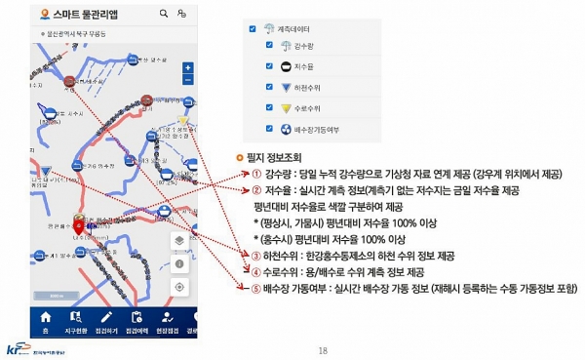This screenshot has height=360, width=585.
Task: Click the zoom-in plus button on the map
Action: tap(187, 68)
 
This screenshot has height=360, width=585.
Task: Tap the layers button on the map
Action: tap(179, 240)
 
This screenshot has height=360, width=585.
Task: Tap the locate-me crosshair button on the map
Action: tap(179, 287)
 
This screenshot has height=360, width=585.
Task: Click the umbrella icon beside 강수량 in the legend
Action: tap(269, 46)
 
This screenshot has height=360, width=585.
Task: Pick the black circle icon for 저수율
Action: tap(270, 66)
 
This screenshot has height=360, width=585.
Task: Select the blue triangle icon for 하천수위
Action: tap(270, 87)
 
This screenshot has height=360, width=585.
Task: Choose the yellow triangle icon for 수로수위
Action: tap(270, 107)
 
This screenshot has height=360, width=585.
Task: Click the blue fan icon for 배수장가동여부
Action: tap(270, 128)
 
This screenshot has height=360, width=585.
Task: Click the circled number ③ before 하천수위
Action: tap(255, 253)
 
